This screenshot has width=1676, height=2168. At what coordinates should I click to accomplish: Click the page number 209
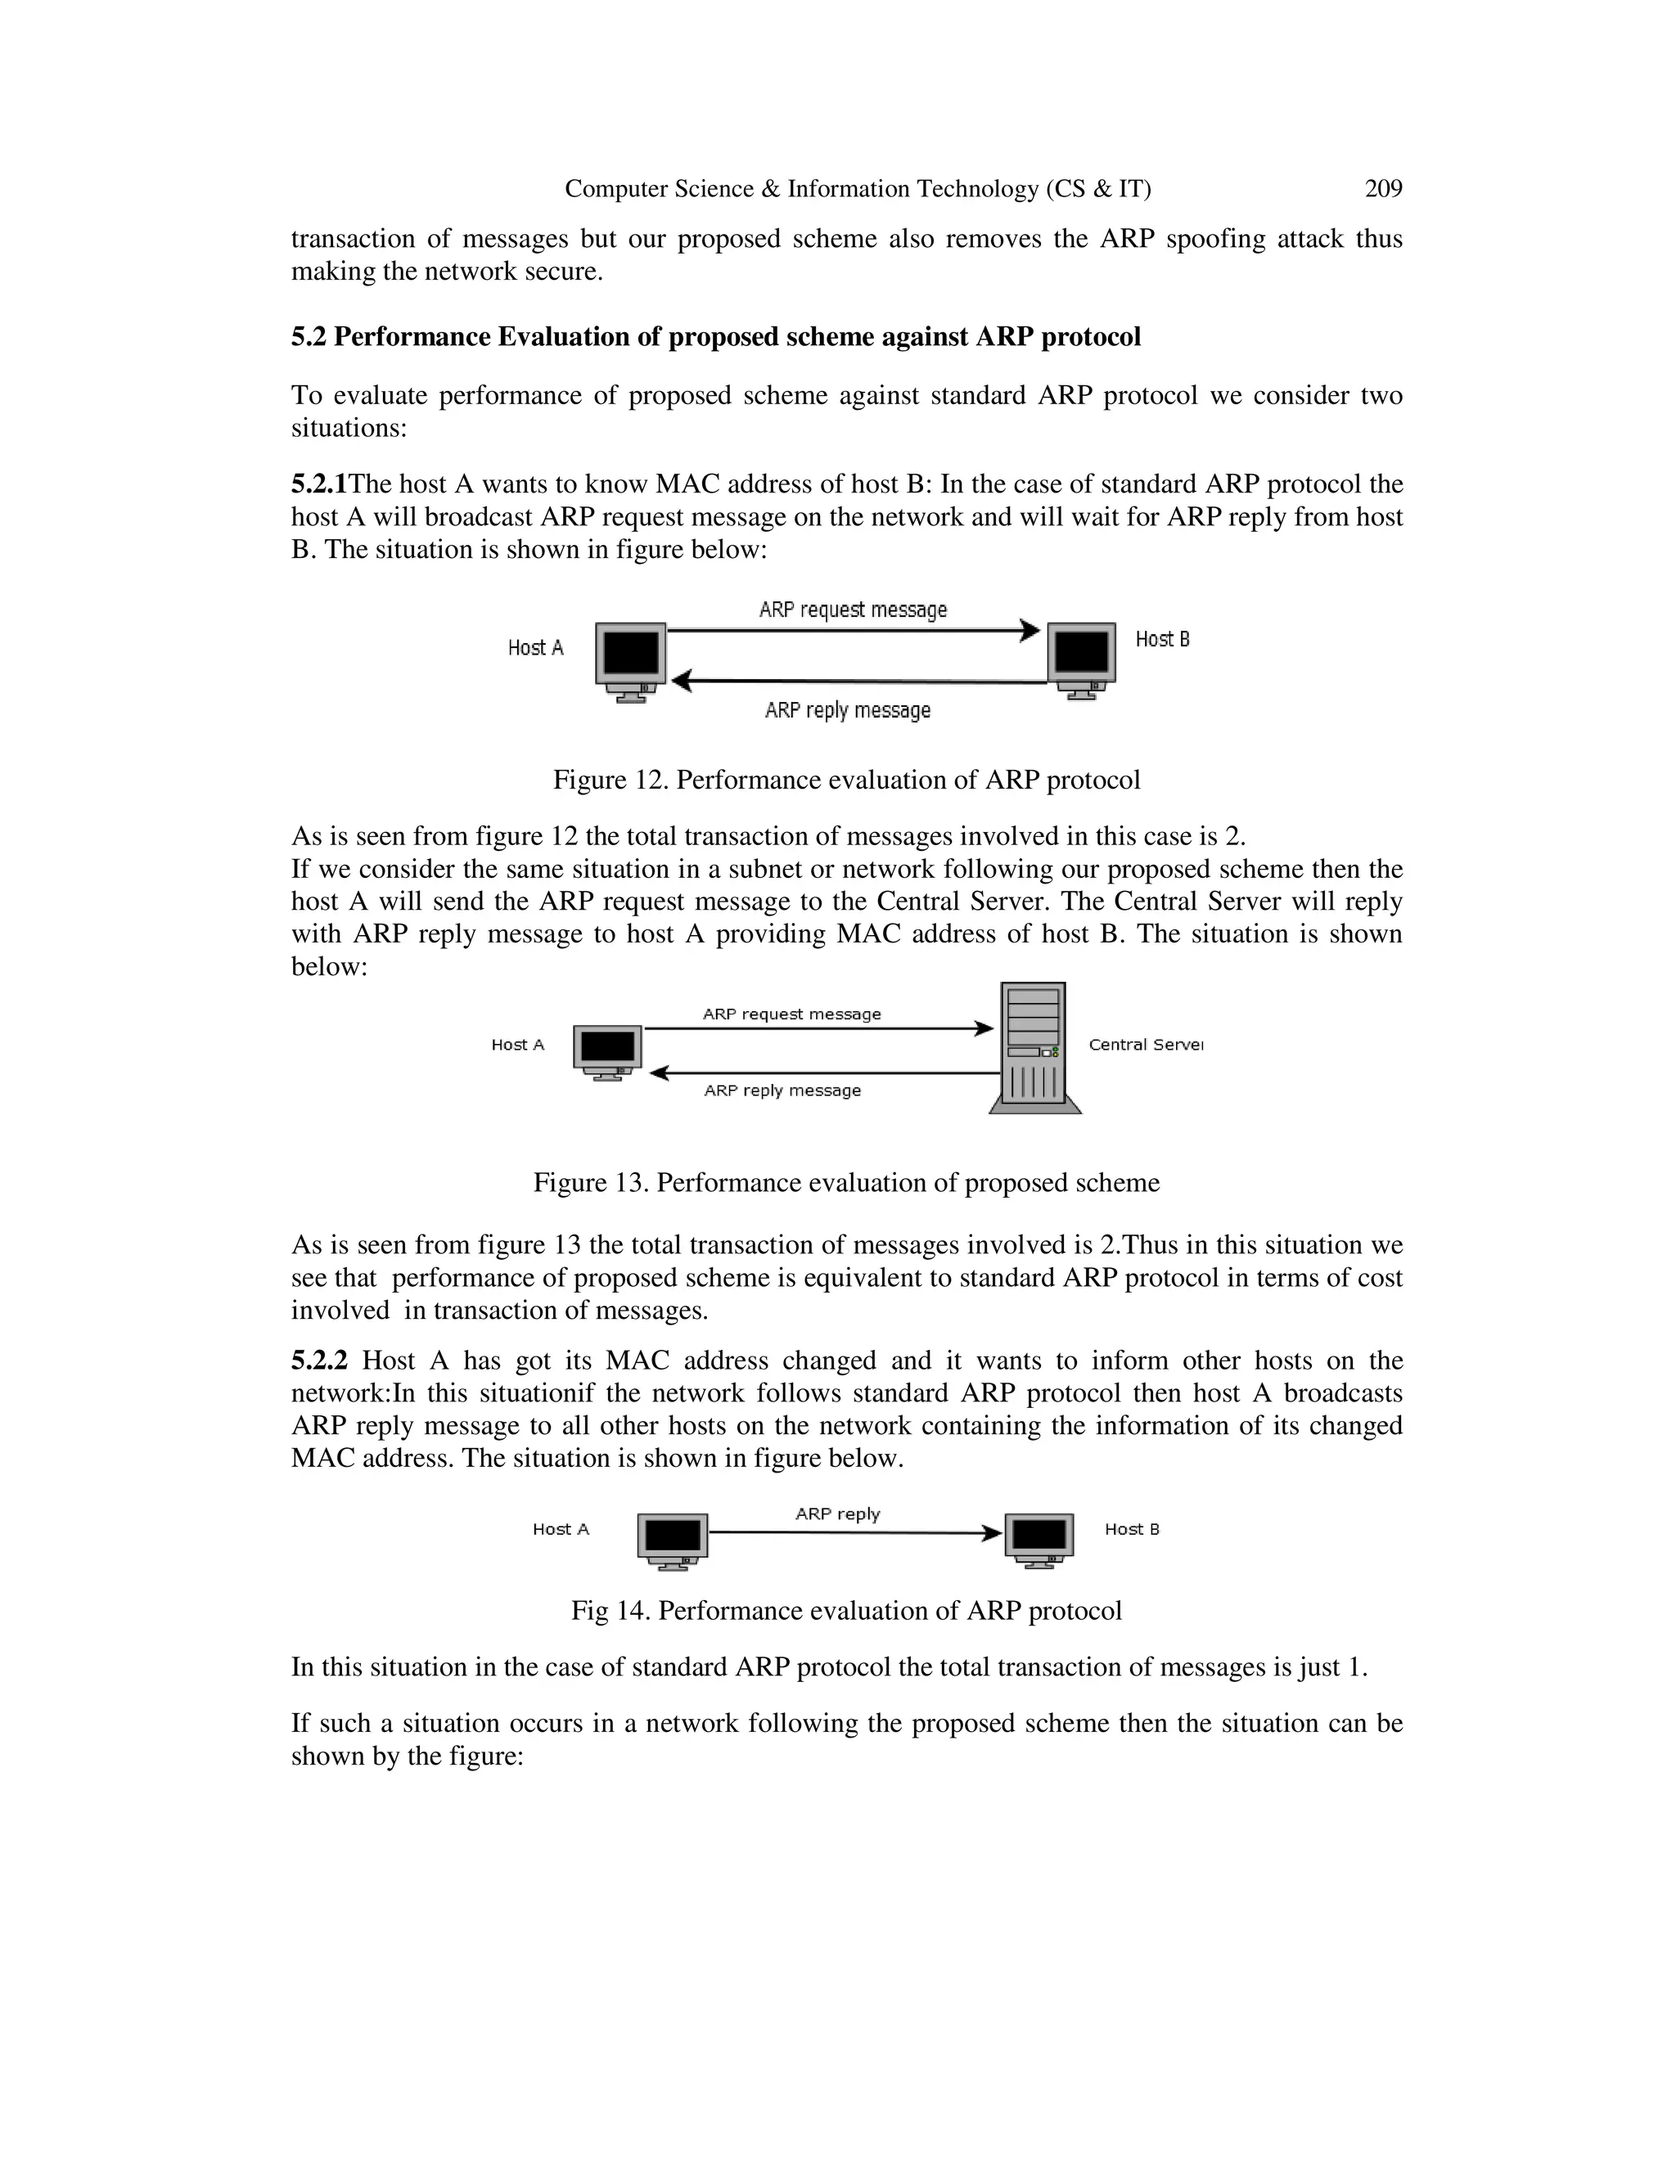point(1383,189)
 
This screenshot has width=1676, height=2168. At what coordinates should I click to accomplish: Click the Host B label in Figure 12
point(1162,639)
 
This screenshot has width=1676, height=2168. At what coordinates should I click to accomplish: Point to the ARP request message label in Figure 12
point(853,609)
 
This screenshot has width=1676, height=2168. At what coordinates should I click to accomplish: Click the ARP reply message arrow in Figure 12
point(858,681)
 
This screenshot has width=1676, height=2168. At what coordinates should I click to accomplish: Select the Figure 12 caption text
point(846,780)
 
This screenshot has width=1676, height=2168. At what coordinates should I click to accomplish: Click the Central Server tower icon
point(1034,1047)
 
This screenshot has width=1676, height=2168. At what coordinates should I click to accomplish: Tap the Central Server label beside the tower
point(1145,1044)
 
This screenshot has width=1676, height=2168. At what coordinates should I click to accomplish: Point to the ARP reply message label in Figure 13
point(782,1091)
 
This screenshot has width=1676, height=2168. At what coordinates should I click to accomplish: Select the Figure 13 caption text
point(846,1183)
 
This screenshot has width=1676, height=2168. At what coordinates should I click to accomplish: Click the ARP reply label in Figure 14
point(837,1514)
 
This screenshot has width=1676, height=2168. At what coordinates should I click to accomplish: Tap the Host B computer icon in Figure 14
point(1038,1540)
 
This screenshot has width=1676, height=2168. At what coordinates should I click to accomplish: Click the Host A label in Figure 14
point(560,1530)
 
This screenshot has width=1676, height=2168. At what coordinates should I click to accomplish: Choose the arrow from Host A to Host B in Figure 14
point(854,1532)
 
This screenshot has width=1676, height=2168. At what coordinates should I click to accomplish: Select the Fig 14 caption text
point(846,1611)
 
